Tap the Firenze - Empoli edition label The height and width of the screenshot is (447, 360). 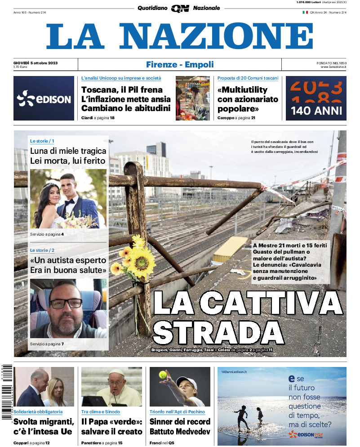click(180, 65)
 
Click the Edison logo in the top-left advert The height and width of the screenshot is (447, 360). click(44, 98)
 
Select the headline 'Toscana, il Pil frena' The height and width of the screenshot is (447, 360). click(122, 89)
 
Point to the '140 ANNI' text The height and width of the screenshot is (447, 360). click(316, 111)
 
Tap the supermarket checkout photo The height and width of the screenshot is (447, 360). click(192, 98)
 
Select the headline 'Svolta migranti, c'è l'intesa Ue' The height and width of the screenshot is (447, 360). click(44, 426)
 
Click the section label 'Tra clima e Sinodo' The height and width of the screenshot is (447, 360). click(101, 411)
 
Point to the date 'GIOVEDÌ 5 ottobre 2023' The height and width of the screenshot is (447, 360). click(39, 62)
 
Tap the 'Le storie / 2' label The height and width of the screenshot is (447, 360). click(42, 250)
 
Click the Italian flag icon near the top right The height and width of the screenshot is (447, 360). click(305, 12)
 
